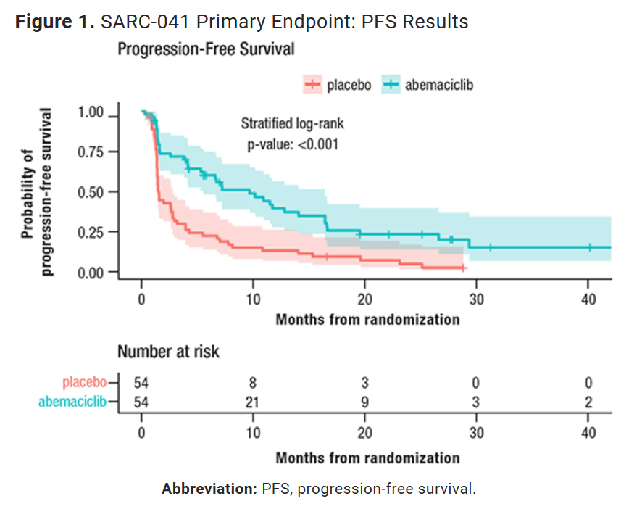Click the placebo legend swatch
coord(313,84)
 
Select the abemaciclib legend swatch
coord(391,84)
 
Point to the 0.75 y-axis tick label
coord(91,152)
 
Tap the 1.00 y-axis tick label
coord(91,112)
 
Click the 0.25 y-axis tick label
coord(91,232)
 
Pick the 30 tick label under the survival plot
coord(477,299)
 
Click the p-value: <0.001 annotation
coord(293,145)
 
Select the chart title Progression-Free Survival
coord(206,49)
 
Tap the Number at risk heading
coord(168,352)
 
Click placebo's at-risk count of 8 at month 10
coord(253,383)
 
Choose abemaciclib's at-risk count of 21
coord(252,402)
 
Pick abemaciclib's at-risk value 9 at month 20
coord(364,402)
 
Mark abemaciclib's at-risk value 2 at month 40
coord(588,402)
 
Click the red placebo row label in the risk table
coord(84,382)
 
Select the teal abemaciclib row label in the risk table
coord(72,402)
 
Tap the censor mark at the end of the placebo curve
coord(463,268)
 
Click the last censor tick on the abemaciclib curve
coord(590,247)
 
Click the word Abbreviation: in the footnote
coord(209,489)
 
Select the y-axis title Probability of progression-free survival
coord(36,192)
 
